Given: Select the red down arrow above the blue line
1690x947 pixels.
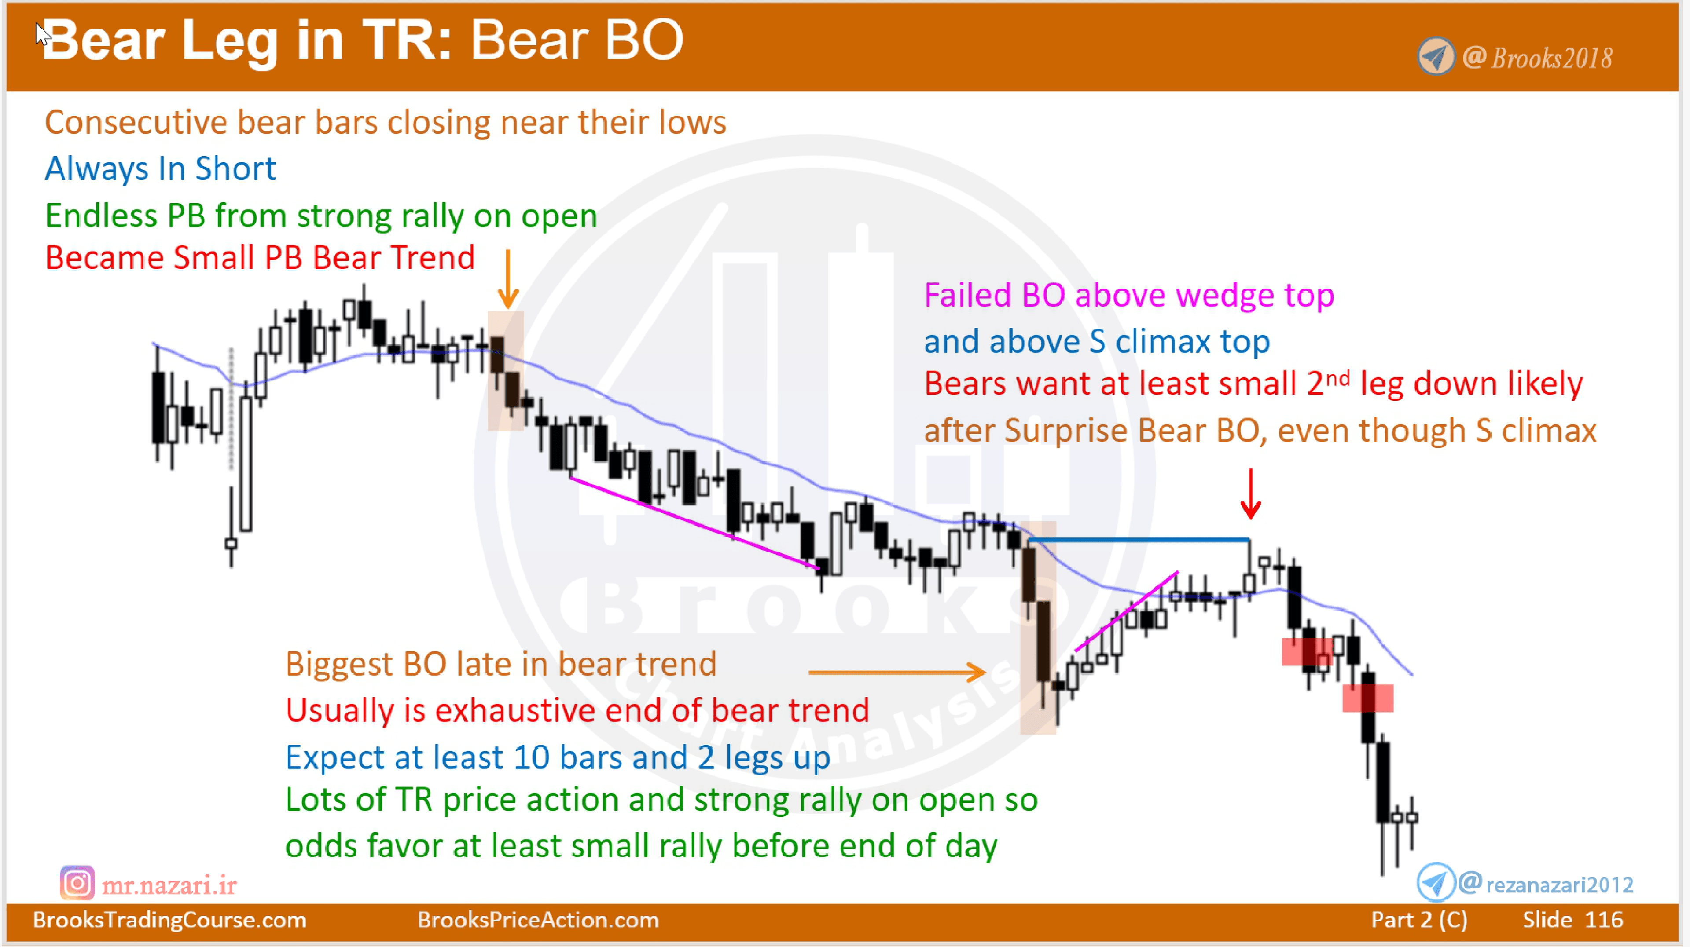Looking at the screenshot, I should point(1250,495).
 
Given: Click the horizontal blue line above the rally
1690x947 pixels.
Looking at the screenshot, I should point(1138,540).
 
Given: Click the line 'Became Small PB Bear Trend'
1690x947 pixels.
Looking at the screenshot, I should point(260,257).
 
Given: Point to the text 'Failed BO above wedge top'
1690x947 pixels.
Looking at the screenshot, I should point(1128,295).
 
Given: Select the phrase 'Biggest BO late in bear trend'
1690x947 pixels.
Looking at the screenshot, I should point(500,664).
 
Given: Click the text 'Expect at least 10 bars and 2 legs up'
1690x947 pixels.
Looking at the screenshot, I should point(558,757).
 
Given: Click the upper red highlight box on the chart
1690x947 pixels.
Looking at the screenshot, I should point(1305,652).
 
